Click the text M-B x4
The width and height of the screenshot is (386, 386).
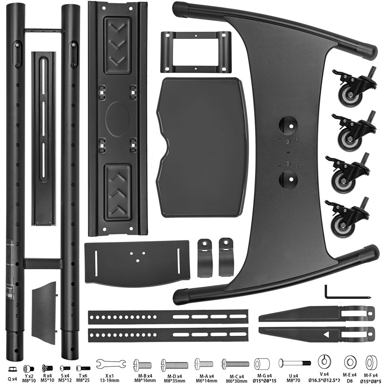(143, 375)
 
